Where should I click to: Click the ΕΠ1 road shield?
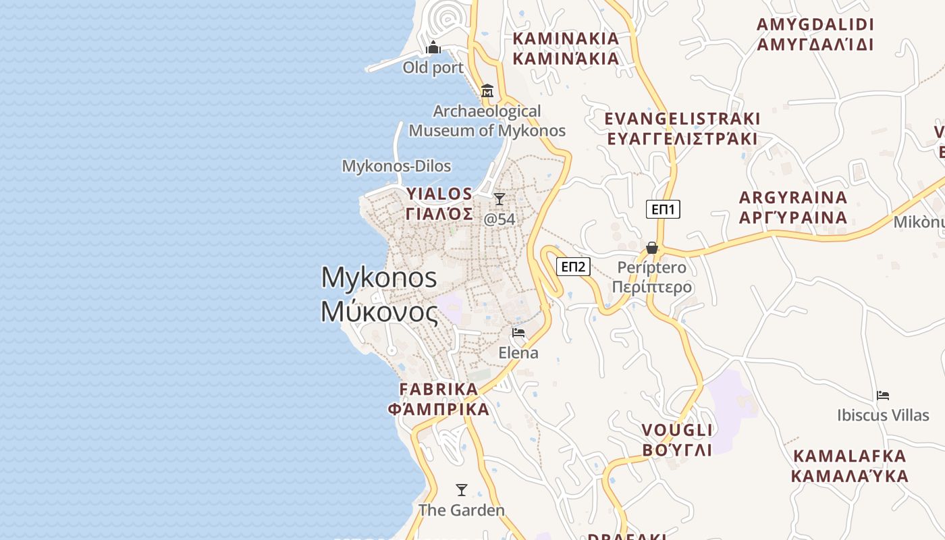point(663,209)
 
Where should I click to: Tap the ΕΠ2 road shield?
point(573,267)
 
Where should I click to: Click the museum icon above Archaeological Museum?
point(487,90)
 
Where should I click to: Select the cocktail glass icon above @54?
point(500,199)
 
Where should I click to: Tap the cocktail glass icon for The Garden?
point(462,490)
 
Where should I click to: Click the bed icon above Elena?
point(518,333)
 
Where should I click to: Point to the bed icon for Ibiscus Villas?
point(883,396)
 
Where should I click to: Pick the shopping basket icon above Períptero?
point(652,248)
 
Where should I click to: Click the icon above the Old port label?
point(433,48)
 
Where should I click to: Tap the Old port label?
point(433,67)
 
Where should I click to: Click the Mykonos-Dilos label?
point(396,166)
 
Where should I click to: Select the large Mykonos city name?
point(379,295)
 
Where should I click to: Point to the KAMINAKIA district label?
point(566,48)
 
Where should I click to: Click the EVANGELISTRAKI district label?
point(682,129)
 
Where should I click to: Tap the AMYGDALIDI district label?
point(815,34)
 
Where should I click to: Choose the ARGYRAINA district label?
point(793,207)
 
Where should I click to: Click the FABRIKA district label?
point(439,400)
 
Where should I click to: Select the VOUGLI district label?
point(677,440)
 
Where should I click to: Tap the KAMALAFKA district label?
point(849,466)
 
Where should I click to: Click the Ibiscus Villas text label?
point(883,415)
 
